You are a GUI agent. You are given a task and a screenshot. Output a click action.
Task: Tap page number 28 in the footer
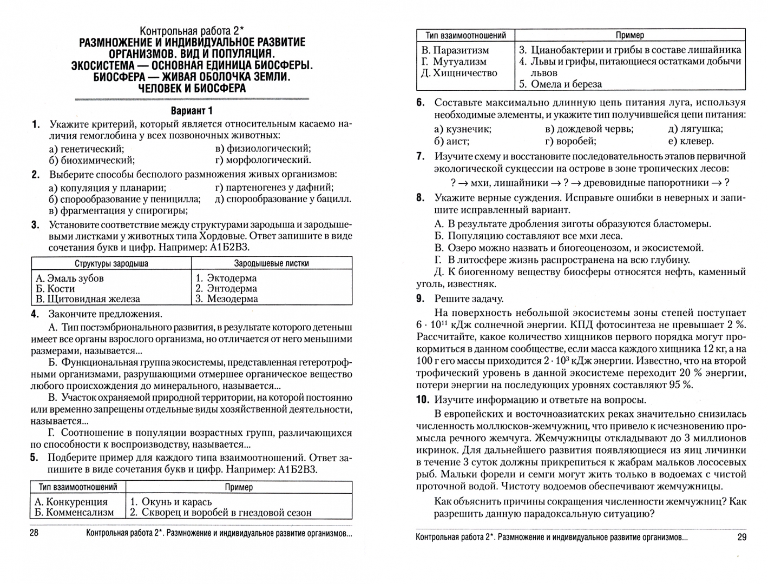pyautogui.click(x=34, y=533)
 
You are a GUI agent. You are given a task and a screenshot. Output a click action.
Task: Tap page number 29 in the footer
pyautogui.click(x=741, y=537)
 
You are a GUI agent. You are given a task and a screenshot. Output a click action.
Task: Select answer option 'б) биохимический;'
pyautogui.click(x=91, y=160)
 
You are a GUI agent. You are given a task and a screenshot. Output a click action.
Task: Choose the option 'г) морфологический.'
pyautogui.click(x=263, y=160)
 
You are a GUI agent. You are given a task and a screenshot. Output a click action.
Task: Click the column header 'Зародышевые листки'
pyautogui.click(x=271, y=263)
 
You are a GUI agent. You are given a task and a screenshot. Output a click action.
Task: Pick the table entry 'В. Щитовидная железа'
pyautogui.click(x=88, y=298)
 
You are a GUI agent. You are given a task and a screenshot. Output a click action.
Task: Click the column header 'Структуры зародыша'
pyautogui.click(x=111, y=263)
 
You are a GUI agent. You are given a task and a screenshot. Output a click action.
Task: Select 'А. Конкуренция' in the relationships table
pyautogui.click(x=71, y=501)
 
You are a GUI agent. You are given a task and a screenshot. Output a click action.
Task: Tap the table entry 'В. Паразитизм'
pyautogui.click(x=455, y=50)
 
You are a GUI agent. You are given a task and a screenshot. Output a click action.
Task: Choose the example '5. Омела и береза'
pyautogui.click(x=560, y=84)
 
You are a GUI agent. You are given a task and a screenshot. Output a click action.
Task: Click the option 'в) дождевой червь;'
pyautogui.click(x=589, y=129)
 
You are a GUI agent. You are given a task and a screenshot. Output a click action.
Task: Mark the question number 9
pyautogui.click(x=421, y=298)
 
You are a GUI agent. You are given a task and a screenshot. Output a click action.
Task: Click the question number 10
pyautogui.click(x=423, y=400)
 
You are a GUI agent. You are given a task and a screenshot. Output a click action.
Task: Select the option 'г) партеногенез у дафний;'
pyautogui.click(x=274, y=188)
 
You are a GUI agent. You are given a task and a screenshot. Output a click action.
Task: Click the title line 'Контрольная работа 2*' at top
pyautogui.click(x=192, y=31)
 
